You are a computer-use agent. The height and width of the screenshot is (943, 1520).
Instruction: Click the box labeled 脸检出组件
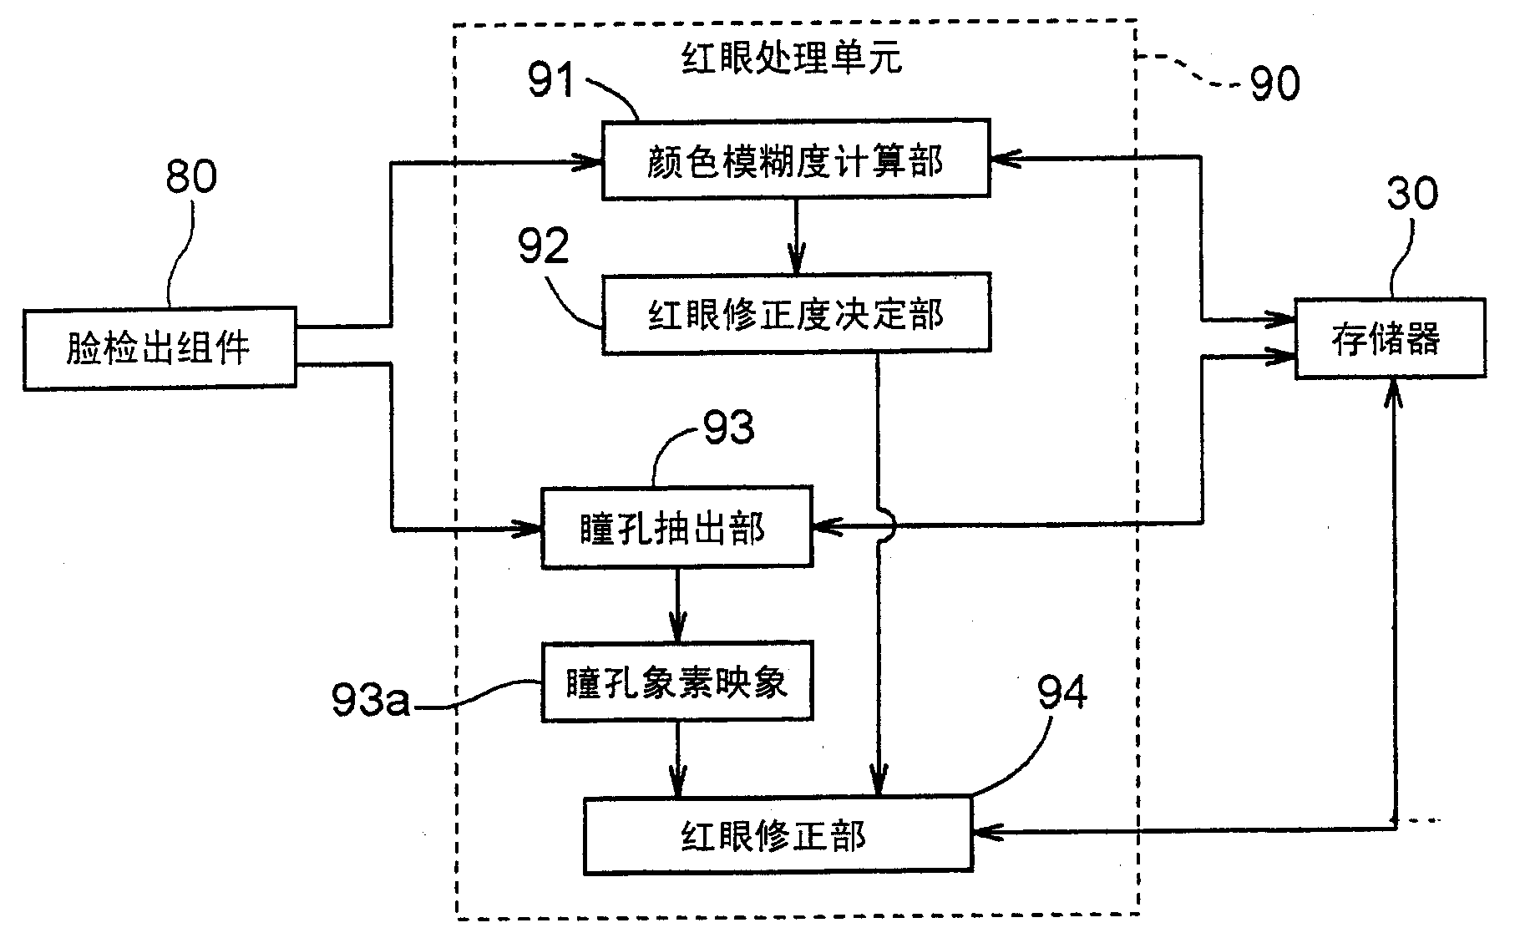(159, 348)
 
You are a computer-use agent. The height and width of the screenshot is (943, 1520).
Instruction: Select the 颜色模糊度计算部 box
(795, 160)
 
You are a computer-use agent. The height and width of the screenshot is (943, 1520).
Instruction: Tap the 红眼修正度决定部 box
(795, 314)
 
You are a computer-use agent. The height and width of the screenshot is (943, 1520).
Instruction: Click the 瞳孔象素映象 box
(676, 682)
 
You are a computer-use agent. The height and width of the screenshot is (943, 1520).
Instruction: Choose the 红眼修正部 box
(777, 836)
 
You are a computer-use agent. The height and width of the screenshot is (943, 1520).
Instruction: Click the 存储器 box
(1390, 339)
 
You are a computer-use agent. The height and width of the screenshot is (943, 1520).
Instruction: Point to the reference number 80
(191, 176)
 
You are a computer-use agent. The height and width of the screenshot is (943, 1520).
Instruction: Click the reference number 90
(1274, 84)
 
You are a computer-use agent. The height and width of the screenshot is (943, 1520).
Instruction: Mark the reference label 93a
(371, 700)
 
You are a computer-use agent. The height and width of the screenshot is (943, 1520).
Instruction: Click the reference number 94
(1061, 692)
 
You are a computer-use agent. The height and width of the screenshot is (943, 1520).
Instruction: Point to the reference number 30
(1412, 193)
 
